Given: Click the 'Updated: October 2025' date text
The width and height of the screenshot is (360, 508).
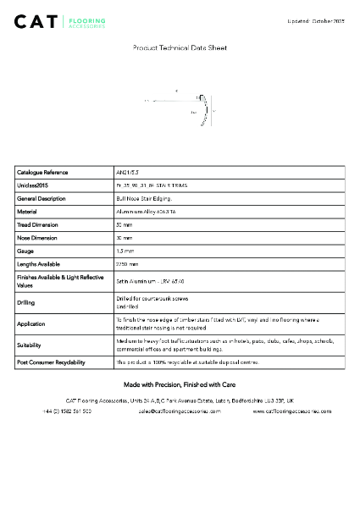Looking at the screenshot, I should [315, 19].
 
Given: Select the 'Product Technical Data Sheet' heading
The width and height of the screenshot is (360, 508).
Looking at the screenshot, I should [180, 48].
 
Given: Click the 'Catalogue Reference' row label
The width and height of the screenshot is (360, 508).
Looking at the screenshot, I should [42, 172].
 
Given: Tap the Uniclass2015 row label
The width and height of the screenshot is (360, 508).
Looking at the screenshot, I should [33, 185].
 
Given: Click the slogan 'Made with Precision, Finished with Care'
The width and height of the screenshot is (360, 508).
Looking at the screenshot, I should [180, 384].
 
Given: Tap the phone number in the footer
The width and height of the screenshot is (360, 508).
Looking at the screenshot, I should [67, 411].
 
